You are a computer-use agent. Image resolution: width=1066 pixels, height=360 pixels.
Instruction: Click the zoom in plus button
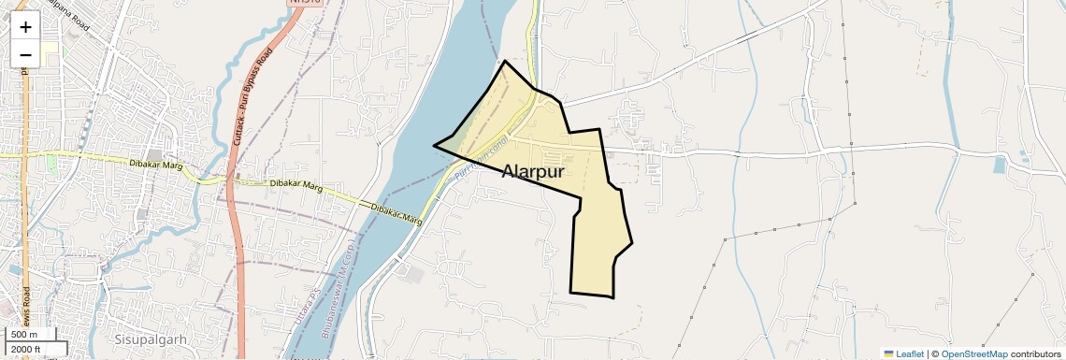point(25,27)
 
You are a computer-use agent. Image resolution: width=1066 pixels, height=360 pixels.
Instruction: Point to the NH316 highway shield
point(306,4)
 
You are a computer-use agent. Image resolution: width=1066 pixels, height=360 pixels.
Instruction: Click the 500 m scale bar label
point(24,335)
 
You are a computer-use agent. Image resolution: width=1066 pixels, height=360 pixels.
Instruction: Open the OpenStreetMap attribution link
point(973,353)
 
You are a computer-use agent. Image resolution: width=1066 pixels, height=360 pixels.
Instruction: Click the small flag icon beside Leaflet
point(888,353)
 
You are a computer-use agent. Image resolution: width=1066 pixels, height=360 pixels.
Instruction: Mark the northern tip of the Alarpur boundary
point(505,61)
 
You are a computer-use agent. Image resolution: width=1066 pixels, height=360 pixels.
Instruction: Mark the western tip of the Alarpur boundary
point(433,145)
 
